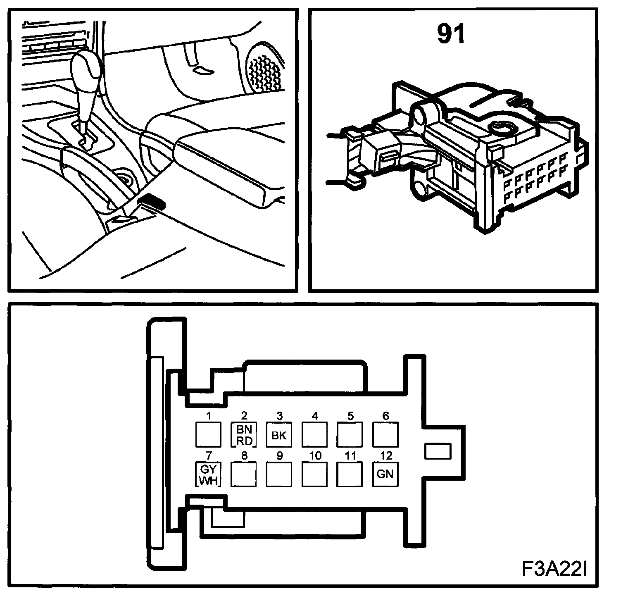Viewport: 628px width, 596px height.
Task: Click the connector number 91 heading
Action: (451, 34)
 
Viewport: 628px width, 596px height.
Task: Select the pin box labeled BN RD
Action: (244, 435)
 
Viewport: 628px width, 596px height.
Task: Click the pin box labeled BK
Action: (279, 435)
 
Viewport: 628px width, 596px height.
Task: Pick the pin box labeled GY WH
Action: (208, 474)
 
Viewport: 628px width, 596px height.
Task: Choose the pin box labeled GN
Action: (385, 474)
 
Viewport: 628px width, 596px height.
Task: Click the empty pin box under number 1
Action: (208, 435)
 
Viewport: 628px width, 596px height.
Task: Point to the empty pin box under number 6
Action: (385, 435)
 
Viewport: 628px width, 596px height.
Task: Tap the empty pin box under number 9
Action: (279, 474)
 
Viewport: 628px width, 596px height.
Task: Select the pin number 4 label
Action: (315, 416)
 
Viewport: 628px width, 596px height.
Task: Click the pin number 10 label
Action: (315, 456)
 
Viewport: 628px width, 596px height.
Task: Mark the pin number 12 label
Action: (385, 456)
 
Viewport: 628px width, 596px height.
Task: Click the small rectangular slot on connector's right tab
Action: (438, 451)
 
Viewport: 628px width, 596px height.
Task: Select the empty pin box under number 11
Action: (350, 474)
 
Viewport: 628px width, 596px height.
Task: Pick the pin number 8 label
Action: (244, 456)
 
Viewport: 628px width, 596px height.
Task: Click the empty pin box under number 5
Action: (350, 435)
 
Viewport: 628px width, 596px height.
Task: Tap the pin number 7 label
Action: (209, 456)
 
